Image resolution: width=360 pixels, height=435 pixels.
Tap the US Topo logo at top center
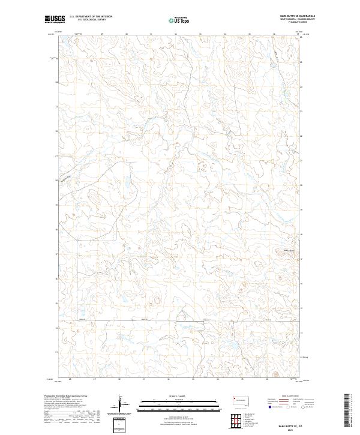180,20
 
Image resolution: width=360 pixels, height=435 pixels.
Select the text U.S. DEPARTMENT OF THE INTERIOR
91,17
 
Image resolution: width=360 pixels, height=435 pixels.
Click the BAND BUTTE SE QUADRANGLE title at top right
298,17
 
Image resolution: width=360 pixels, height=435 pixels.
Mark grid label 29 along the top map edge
102,34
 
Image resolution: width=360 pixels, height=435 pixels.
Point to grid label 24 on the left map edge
57,82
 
